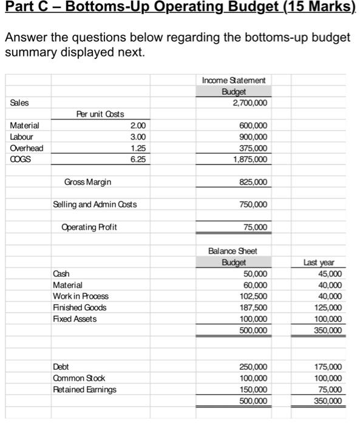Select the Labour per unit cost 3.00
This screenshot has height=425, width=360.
[x=138, y=137]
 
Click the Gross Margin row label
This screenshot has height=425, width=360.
[x=87, y=182]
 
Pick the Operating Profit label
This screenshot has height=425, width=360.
[x=89, y=227]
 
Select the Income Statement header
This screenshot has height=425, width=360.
[x=233, y=80]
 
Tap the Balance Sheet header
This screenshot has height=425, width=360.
[x=233, y=251]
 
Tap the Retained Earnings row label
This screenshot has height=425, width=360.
[x=84, y=389]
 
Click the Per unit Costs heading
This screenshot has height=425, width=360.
[x=100, y=114]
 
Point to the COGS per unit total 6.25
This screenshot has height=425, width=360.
[x=138, y=159]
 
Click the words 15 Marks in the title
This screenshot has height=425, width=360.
[x=319, y=8]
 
